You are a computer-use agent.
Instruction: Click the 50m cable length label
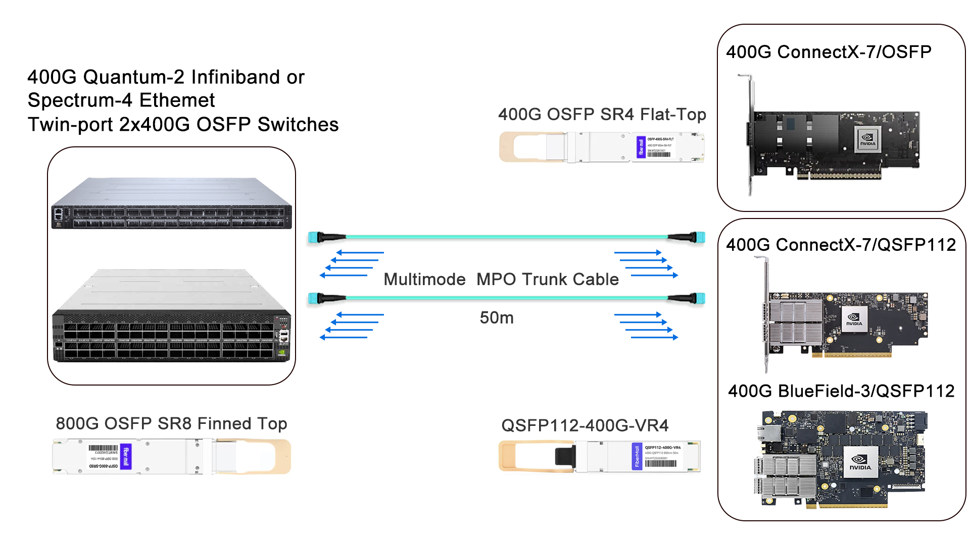tap(496, 317)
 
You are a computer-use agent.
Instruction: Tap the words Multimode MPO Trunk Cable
tap(501, 279)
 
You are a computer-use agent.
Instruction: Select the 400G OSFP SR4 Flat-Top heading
tap(602, 115)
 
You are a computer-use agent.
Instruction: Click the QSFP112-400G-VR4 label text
tap(585, 425)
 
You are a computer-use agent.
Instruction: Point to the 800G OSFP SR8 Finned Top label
tap(171, 423)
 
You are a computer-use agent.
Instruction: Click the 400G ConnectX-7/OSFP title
tap(829, 52)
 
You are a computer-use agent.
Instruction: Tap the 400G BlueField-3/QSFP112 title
tap(841, 391)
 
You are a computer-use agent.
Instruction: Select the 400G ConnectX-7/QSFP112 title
tap(841, 245)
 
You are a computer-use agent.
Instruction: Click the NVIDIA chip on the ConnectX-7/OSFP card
tap(867, 139)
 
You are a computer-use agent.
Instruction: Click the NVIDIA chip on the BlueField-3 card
tap(860, 462)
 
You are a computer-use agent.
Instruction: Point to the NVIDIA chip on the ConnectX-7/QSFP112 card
tap(854, 319)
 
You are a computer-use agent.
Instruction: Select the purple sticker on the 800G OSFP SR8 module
tap(126, 456)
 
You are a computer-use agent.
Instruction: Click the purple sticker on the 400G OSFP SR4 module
tap(641, 147)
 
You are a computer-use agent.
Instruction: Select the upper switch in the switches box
tap(171, 203)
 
